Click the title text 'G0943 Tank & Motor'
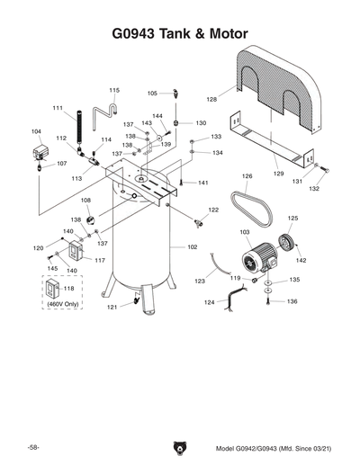click(x=179, y=35)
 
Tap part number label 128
click(x=212, y=99)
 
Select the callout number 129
click(x=278, y=172)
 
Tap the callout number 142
click(x=301, y=260)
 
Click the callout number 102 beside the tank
click(x=192, y=246)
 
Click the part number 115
click(x=114, y=90)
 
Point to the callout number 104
click(x=37, y=131)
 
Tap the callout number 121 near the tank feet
click(x=112, y=308)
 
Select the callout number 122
click(x=213, y=210)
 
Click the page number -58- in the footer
click(x=32, y=447)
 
